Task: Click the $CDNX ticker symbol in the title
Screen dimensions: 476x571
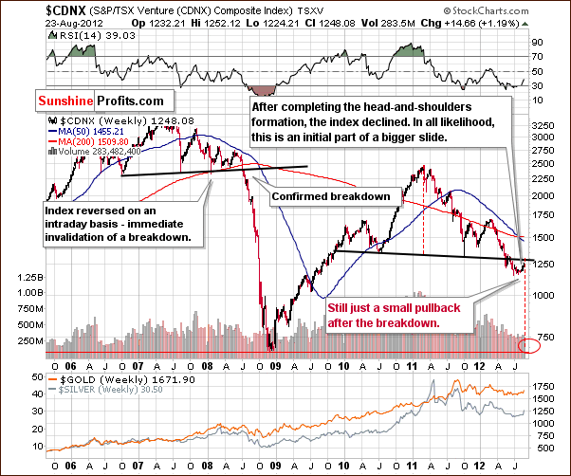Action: coord(29,9)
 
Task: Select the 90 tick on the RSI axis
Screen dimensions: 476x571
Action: coord(537,43)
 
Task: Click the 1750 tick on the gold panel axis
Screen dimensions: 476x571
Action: coord(544,386)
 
